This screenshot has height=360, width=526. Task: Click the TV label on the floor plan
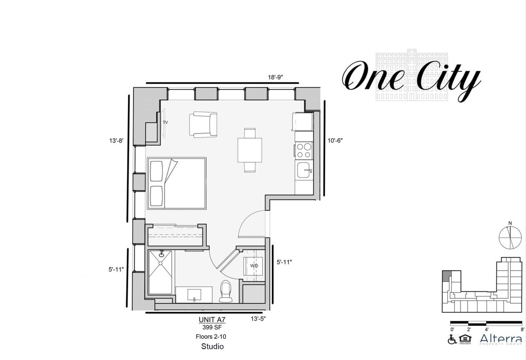[165, 122]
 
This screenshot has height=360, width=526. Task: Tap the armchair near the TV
[203, 125]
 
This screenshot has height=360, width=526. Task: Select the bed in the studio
[177, 183]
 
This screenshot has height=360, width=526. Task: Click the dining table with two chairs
[250, 150]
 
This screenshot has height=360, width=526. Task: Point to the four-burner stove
[303, 151]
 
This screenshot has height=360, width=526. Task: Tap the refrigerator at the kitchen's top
[302, 122]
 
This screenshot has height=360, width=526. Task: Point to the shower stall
[161, 272]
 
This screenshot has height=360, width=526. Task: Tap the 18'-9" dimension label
[275, 77]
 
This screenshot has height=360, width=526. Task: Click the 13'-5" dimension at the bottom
[259, 318]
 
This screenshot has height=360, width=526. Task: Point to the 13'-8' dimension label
[116, 140]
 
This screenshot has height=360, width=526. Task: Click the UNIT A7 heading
[211, 319]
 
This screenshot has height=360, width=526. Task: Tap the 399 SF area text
[211, 327]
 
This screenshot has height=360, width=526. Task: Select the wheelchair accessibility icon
[452, 340]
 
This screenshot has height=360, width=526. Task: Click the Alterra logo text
[501, 339]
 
